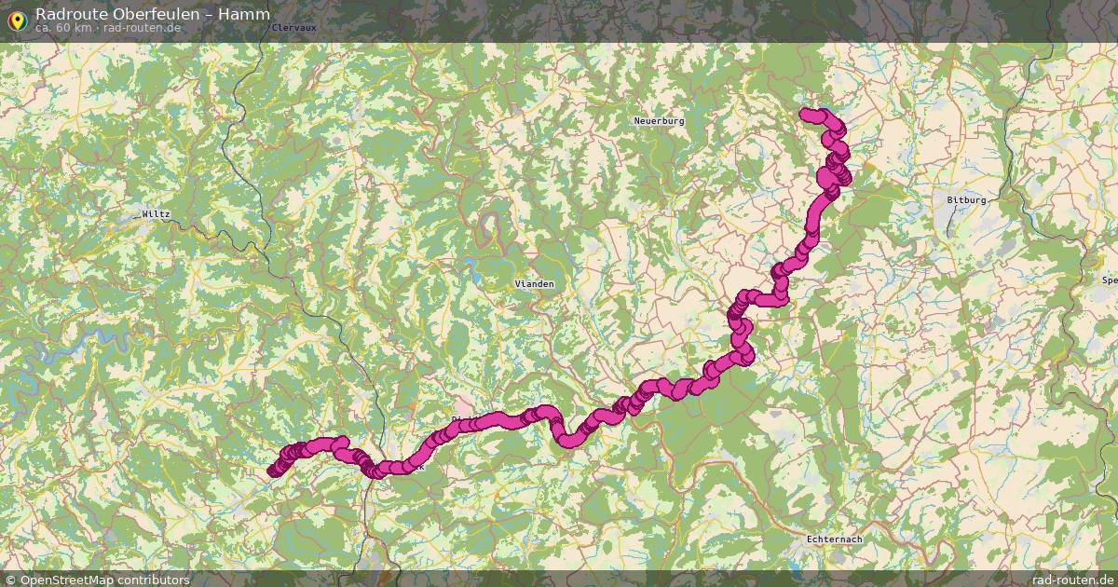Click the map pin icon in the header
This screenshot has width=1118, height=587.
click(16, 18)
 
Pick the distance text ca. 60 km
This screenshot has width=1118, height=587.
click(63, 28)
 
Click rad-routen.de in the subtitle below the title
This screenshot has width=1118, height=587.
click(142, 28)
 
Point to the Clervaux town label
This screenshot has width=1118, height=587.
click(296, 28)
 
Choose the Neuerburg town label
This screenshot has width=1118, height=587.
click(659, 121)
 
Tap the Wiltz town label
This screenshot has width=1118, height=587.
click(157, 214)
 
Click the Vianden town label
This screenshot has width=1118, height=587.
click(535, 283)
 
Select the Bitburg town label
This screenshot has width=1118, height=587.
click(966, 200)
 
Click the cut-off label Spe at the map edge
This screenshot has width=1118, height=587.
click(1109, 280)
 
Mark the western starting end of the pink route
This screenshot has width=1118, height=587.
click(273, 471)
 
